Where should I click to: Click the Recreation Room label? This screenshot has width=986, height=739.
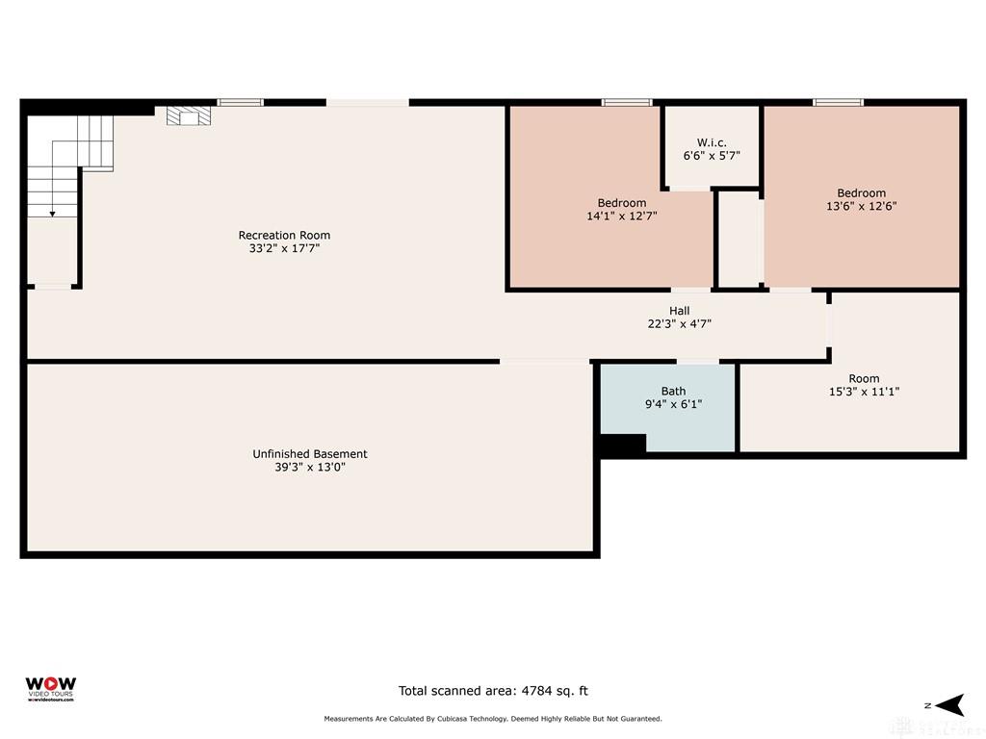click(x=284, y=235)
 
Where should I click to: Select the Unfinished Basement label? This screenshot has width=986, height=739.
click(x=310, y=453)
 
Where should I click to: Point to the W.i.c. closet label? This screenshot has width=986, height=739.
click(x=712, y=142)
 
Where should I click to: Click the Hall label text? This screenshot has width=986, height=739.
click(x=680, y=311)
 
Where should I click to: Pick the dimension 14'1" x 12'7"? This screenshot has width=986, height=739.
click(x=622, y=217)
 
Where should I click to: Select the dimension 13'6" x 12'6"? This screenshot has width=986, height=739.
click(x=861, y=206)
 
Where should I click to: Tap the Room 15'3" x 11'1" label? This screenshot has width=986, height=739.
click(x=864, y=385)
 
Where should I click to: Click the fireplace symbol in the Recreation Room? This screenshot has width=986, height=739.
click(x=188, y=116)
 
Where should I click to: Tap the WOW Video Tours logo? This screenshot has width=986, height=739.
click(x=50, y=688)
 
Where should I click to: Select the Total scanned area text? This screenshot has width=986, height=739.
click(x=493, y=690)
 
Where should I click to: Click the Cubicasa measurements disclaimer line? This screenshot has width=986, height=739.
click(x=493, y=719)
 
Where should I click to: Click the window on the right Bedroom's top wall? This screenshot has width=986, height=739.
click(x=838, y=102)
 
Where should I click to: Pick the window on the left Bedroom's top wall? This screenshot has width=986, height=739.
click(x=627, y=102)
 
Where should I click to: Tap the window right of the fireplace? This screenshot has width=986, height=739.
click(x=240, y=102)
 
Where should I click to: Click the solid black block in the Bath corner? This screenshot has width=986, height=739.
click(x=622, y=445)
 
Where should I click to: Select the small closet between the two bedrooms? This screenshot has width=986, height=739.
click(x=739, y=239)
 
